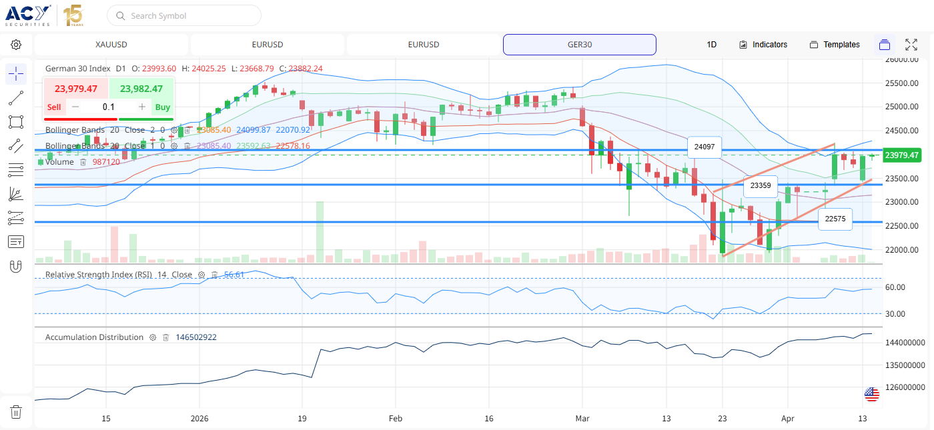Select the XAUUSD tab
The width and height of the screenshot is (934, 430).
tap(111, 45)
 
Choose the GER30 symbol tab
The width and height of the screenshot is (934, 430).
tap(579, 45)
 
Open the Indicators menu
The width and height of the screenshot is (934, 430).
tap(763, 45)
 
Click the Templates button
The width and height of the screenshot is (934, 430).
tap(835, 45)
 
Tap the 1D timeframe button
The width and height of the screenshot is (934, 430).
tap(712, 45)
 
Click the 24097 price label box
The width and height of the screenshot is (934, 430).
tap(705, 147)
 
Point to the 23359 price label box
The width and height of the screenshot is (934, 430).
tap(760, 186)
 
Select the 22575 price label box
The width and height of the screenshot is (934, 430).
tap(835, 219)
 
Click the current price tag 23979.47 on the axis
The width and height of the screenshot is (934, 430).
tap(901, 155)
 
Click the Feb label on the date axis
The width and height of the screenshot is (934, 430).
tap(396, 419)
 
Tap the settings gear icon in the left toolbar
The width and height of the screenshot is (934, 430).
tap(16, 45)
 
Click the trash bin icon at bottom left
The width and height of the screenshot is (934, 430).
tap(16, 412)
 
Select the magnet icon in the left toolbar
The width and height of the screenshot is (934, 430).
tap(16, 266)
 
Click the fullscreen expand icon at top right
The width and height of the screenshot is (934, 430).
tap(911, 45)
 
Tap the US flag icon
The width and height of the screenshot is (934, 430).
tap(872, 394)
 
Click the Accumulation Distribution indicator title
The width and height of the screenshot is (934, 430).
tap(94, 337)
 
